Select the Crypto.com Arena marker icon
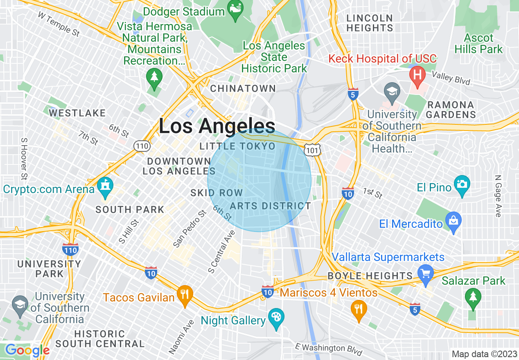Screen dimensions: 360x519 click(106, 188)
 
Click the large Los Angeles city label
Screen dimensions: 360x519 click(217, 126)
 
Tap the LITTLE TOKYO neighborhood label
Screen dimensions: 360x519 click(237, 146)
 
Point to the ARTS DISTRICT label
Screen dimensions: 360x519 click(271, 206)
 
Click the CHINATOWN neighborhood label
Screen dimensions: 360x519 click(243, 89)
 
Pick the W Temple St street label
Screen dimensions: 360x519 click(59, 24)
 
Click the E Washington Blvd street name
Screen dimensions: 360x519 click(329, 349)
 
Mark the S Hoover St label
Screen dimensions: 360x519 click(24, 159)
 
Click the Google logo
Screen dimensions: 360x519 click(27, 350)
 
